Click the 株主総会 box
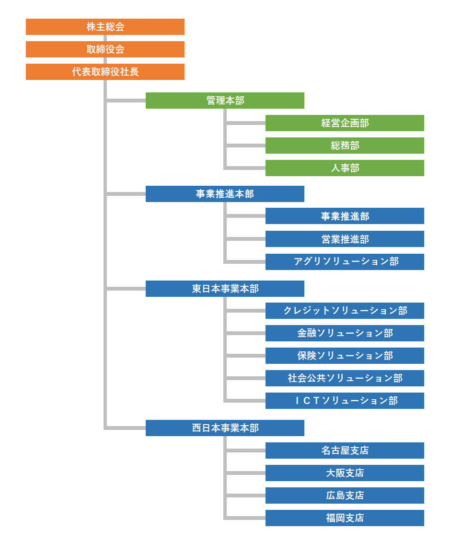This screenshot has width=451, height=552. pos(105,27)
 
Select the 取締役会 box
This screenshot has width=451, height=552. pos(105,49)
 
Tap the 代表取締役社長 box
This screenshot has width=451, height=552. pos(105,72)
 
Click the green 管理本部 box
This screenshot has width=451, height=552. pos(225,101)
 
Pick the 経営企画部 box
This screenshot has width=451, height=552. pos(345,123)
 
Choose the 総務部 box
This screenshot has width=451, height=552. pos(345,146)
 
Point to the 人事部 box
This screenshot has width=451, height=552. pos(345,168)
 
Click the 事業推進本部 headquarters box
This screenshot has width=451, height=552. pos(225,193)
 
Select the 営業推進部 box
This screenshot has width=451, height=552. pos(345,239)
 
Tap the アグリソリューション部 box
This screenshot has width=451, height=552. pos(345,261)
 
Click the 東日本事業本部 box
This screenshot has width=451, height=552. pos(225,289)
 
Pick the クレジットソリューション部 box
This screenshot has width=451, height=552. pos(345,311)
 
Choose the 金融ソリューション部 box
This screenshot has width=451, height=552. pos(345,333)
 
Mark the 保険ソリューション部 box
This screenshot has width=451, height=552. pos(345,356)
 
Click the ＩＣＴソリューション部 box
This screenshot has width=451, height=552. pos(345,401)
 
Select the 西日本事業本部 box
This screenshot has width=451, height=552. pos(225,428)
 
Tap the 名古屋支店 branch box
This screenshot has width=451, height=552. pos(345,450)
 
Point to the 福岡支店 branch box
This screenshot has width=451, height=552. pos(345,518)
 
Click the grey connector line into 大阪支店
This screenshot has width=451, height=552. pos(246,473)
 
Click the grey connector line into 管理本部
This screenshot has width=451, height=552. pos(126,101)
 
